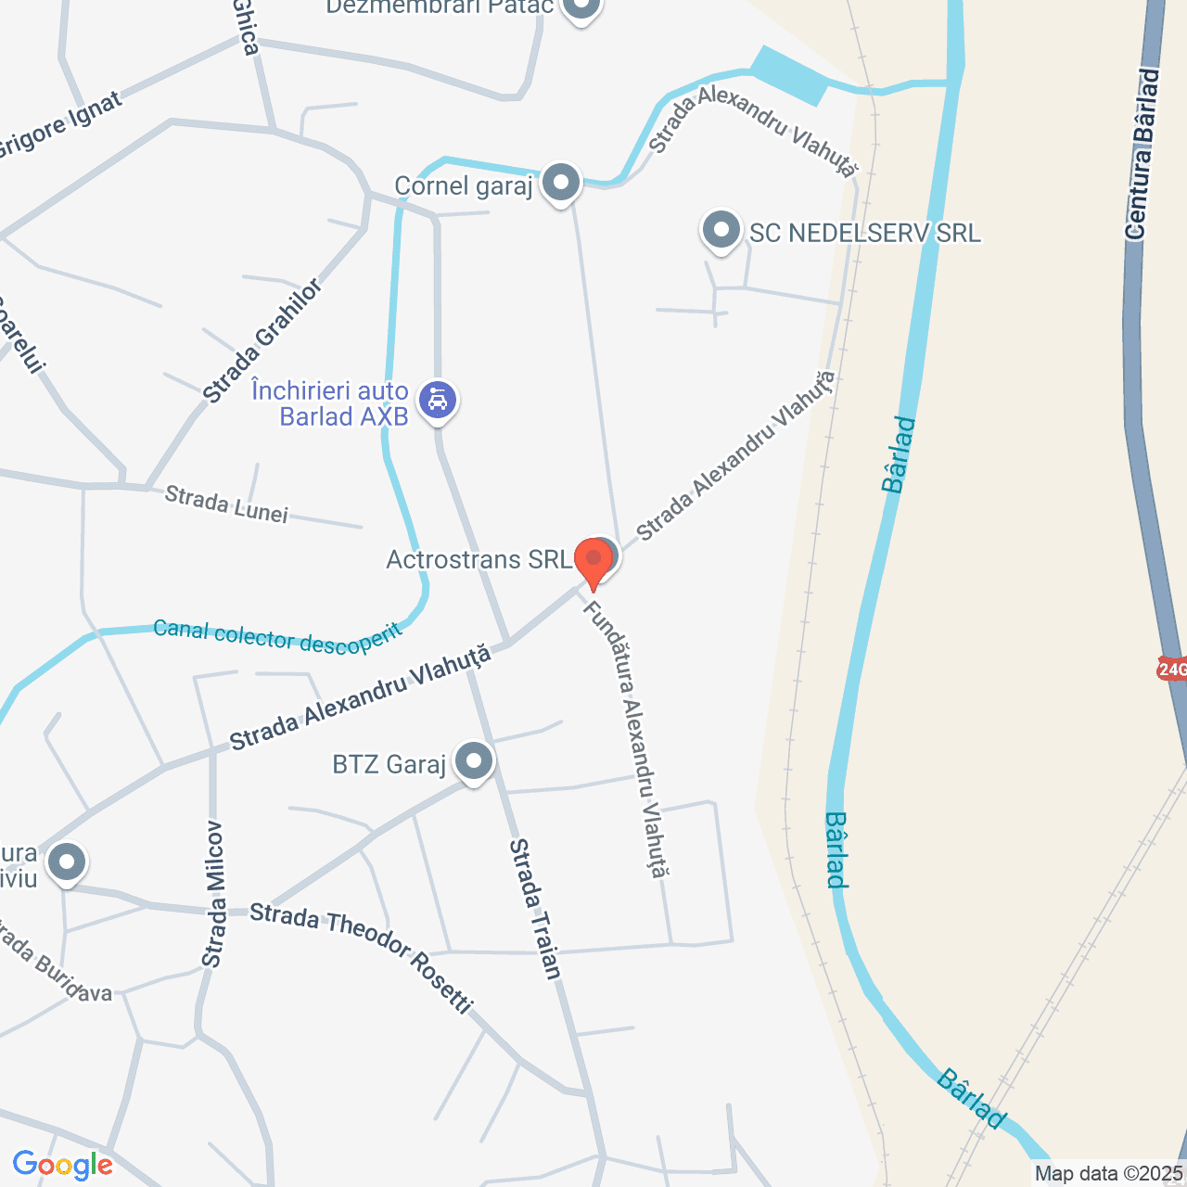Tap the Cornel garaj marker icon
[561, 183]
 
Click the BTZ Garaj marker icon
[474, 762]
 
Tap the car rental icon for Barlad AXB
[438, 401]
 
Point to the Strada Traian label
[535, 909]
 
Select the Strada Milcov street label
[213, 894]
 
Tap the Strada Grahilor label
[263, 341]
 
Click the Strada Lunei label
[226, 504]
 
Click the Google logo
[62, 1165]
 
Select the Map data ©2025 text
[1109, 1174]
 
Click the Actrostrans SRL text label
[479, 560]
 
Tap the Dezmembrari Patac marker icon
[581, 8]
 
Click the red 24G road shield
[1172, 669]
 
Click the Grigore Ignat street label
[61, 126]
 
